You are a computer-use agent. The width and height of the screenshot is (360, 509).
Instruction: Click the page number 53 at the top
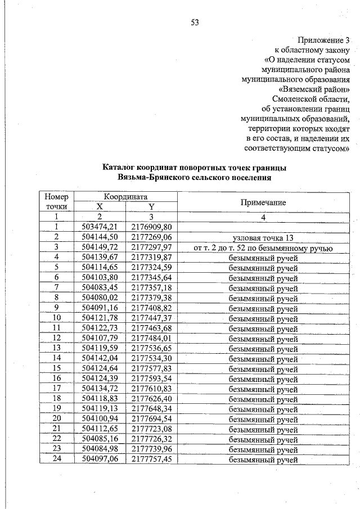click(x=195, y=22)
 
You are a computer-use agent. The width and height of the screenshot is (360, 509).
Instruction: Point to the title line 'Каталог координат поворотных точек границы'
click(x=195, y=168)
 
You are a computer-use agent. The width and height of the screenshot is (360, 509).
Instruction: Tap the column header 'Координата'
click(x=125, y=197)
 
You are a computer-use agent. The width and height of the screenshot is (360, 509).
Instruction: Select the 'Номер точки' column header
click(x=56, y=202)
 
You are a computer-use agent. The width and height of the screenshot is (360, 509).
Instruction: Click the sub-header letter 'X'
click(x=100, y=207)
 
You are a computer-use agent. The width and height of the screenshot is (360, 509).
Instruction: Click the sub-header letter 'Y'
click(x=151, y=207)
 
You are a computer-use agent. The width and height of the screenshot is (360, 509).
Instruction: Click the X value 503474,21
click(x=100, y=227)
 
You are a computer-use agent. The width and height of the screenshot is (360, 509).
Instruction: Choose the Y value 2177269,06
click(x=151, y=237)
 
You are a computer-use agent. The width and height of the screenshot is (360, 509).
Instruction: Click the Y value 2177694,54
click(x=151, y=420)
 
